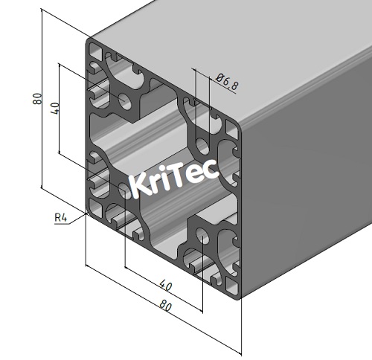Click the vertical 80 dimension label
point(37,99)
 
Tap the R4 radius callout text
point(61,218)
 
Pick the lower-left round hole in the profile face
point(124,191)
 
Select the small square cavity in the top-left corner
point(96,53)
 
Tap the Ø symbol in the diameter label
point(220,78)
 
